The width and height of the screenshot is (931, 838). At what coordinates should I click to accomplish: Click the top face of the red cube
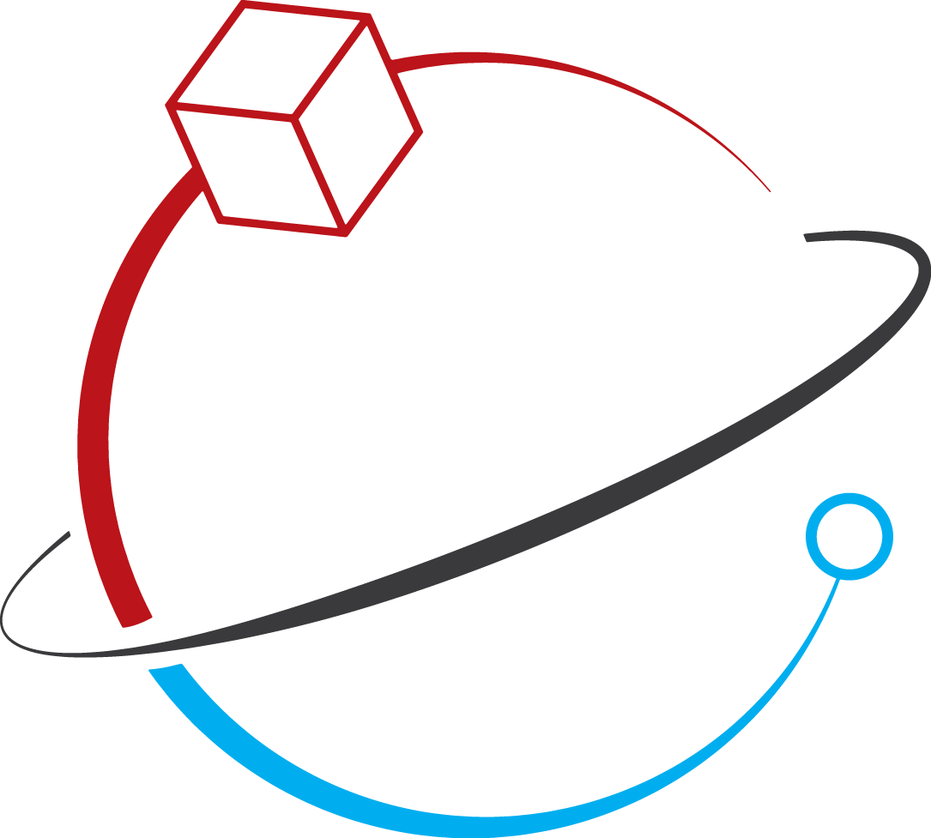tap(268, 60)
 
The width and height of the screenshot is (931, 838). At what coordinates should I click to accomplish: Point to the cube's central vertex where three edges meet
tap(294, 117)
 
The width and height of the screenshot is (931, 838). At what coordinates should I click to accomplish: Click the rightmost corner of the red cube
tap(420, 131)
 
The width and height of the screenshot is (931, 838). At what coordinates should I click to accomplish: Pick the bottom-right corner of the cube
tap(345, 232)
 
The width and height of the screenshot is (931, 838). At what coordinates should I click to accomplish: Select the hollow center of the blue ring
tap(849, 537)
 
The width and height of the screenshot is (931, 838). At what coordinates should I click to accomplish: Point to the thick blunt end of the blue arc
tap(166, 667)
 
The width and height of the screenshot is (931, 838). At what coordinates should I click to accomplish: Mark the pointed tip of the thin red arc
tap(769, 190)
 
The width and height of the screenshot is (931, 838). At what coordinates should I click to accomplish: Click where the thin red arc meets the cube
tap(394, 65)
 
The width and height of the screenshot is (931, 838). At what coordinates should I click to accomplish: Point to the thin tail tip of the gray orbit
tap(68, 534)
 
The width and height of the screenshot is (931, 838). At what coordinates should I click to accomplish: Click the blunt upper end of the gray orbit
tap(806, 237)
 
